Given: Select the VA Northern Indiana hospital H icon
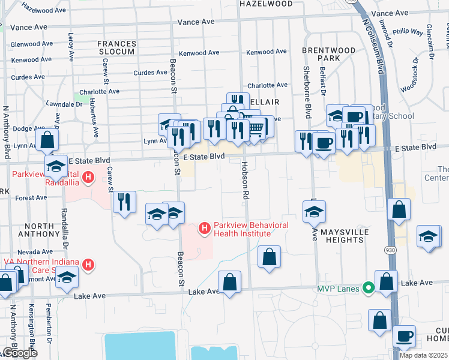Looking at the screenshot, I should pos(88,264).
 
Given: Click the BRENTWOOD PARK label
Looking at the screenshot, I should pos(325,55).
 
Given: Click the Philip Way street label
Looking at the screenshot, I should pos(409,31).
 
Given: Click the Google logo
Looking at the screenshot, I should pos(20,353).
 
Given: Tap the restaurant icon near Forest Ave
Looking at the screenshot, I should pos(123,201).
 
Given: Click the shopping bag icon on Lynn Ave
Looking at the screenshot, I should pos(47,140).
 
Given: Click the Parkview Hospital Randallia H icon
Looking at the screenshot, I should pos(89,178).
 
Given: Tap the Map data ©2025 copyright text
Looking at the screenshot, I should pos(424,355).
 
